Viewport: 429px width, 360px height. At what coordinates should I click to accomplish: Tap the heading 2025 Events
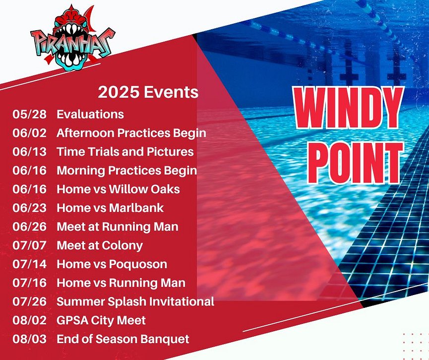pos(148,92)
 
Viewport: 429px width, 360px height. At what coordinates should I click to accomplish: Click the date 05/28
pos(29,114)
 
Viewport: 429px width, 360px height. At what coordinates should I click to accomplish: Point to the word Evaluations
pos(90,114)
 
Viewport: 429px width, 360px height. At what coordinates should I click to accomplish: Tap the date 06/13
pos(29,152)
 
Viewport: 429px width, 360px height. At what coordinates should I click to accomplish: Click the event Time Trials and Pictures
pos(125,152)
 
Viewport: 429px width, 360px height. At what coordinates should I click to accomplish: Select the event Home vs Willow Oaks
pos(118,189)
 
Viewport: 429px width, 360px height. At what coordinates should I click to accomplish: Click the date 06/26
pos(29,227)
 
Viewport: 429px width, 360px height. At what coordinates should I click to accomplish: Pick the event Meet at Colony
pos(100,245)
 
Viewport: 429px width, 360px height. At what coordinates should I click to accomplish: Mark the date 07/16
pos(29,283)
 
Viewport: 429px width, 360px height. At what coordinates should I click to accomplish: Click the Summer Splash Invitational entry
pos(135,301)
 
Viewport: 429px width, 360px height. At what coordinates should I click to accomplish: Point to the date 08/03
pos(29,339)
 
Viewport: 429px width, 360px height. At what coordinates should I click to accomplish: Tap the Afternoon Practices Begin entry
pos(131,133)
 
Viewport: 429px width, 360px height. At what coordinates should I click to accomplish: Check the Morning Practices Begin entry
pos(126,171)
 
